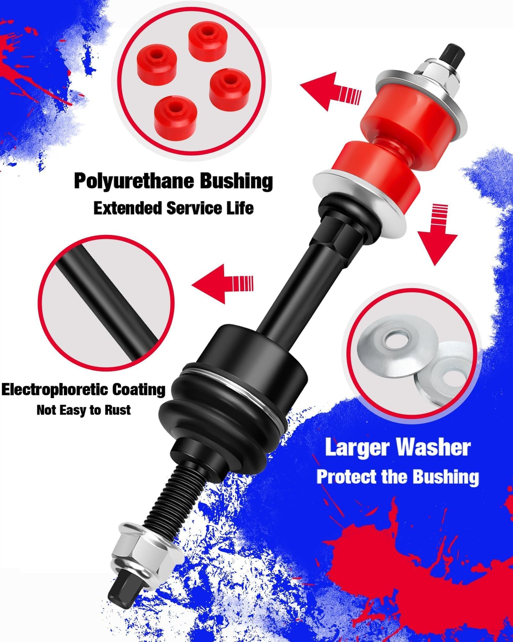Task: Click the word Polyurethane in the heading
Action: [x=134, y=181]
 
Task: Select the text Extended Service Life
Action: [x=173, y=208]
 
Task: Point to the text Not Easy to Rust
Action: [x=84, y=410]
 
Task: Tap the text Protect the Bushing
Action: [x=398, y=477]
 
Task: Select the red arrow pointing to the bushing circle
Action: [x=331, y=92]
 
